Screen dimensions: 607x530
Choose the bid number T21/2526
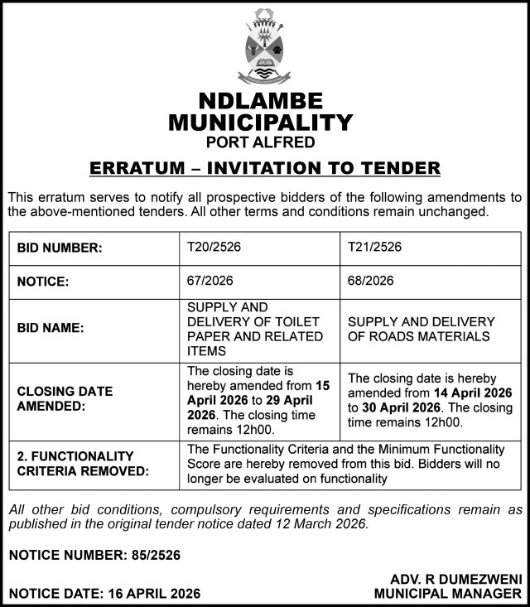point(374,247)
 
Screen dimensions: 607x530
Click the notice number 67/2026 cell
point(210,281)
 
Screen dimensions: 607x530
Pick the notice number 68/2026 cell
point(371,281)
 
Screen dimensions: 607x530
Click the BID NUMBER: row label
point(59,248)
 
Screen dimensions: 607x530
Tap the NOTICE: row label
point(42,282)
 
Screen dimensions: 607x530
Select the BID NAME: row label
point(51,328)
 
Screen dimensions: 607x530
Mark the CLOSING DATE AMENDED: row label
point(65,398)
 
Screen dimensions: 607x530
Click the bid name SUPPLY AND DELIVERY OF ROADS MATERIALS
point(422,329)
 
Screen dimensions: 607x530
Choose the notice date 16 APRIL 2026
point(152,594)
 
